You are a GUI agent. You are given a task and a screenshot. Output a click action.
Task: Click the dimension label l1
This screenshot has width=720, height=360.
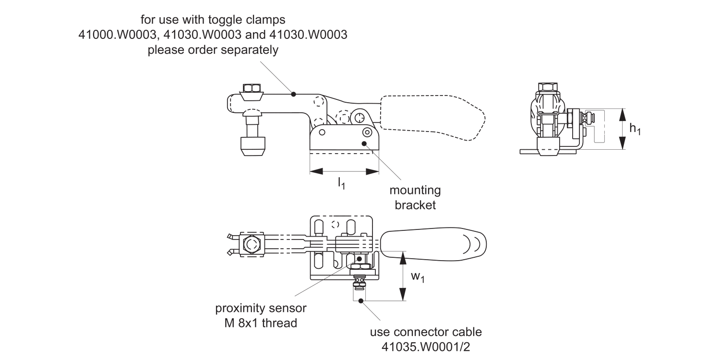[x=341, y=183]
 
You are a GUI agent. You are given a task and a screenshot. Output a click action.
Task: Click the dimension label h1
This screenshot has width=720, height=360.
[x=635, y=129]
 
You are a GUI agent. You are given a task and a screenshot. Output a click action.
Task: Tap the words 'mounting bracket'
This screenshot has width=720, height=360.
[x=415, y=197]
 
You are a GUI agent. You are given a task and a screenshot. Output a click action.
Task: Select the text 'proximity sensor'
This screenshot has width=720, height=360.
[x=261, y=308]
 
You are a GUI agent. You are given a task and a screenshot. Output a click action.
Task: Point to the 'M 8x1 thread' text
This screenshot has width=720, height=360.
[x=261, y=323]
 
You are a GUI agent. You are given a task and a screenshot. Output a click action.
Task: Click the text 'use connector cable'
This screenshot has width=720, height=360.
[x=425, y=332]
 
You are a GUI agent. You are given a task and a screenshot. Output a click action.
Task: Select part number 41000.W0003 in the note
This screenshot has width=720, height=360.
[x=116, y=35]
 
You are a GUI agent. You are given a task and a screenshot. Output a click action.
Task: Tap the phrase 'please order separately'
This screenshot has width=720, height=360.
[x=213, y=50]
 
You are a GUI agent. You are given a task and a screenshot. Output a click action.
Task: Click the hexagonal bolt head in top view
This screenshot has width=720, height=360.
[x=252, y=244]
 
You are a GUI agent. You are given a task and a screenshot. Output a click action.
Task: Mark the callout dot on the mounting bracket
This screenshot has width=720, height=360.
[x=364, y=143]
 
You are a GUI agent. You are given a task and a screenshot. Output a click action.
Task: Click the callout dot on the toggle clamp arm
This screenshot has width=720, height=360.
[x=293, y=94]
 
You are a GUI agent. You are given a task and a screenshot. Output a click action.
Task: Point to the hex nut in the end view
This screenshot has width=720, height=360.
[x=547, y=88]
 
